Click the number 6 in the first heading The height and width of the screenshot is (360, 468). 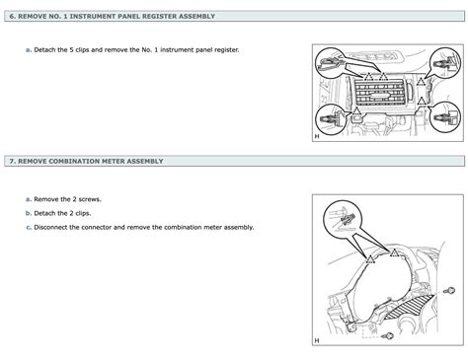(x=12, y=16)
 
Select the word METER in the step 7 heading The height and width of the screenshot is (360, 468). (x=114, y=161)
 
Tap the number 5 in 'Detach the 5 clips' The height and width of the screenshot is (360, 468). (x=71, y=50)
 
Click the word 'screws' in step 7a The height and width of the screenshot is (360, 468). (x=89, y=199)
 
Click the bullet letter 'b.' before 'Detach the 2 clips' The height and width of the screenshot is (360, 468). (x=29, y=213)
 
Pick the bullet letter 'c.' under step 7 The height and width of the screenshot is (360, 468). (x=29, y=227)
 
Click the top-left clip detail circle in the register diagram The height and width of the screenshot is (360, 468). (x=330, y=63)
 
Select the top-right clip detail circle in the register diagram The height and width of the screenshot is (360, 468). (x=445, y=62)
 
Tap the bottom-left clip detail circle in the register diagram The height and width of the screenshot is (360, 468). (x=331, y=119)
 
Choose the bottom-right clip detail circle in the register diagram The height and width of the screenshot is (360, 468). (x=445, y=117)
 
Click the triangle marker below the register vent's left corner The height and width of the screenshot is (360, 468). (x=356, y=111)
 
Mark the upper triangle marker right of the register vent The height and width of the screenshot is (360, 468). (x=421, y=81)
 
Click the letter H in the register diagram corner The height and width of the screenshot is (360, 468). (x=317, y=136)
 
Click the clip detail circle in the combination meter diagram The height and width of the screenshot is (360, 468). (x=343, y=220)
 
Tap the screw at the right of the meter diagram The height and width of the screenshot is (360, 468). (x=449, y=291)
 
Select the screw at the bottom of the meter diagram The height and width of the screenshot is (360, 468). (x=388, y=336)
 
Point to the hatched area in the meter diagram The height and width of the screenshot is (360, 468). (x=409, y=308)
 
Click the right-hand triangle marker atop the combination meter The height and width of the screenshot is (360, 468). (x=394, y=252)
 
